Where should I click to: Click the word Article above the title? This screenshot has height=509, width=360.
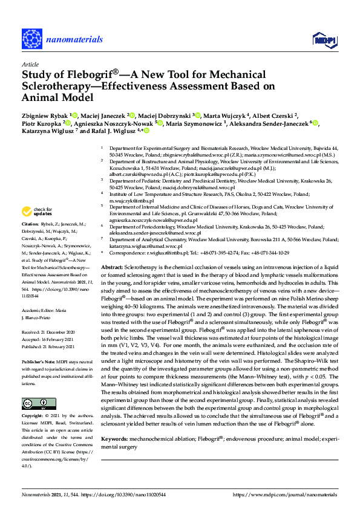pos(30,63)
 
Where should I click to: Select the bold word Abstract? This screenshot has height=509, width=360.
pos(112,267)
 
